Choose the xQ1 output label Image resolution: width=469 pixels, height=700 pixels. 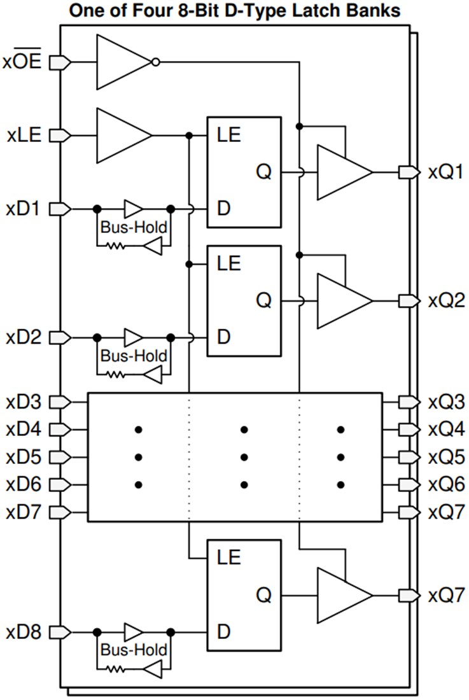445,172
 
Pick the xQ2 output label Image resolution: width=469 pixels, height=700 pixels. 445,301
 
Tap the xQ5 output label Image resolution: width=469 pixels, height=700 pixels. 445,457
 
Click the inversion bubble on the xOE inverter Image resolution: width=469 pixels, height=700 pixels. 156,62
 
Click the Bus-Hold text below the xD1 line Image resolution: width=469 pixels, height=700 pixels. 134,227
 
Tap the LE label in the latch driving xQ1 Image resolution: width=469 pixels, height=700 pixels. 229,135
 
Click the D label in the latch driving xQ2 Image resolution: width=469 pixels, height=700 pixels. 223,337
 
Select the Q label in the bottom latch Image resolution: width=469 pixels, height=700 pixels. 264,596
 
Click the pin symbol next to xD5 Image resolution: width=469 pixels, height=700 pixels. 59,457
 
